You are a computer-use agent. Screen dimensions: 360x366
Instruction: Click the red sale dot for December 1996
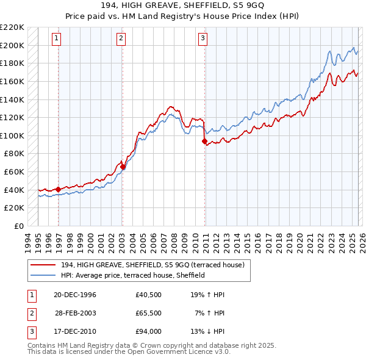coord(59,189)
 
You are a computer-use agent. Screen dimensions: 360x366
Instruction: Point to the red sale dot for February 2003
coord(123,167)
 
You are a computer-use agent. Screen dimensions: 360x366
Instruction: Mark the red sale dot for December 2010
coord(204,141)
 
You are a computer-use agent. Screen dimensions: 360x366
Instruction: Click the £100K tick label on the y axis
coord(13,135)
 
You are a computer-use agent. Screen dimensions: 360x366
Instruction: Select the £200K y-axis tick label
coord(13,45)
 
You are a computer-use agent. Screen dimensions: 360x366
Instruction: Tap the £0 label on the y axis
coord(19,226)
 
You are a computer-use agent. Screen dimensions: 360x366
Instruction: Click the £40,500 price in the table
coord(149,295)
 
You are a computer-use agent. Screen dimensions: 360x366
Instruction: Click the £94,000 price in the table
coord(149,331)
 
